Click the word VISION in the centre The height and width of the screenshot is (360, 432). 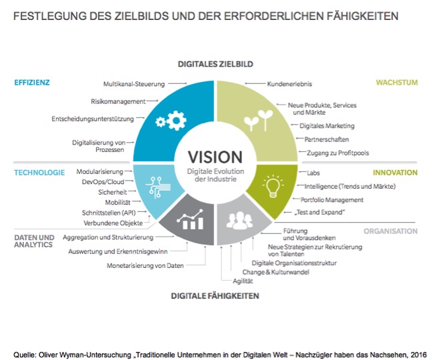(215, 157)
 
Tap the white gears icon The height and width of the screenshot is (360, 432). (171, 121)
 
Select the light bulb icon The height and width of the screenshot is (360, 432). (273, 186)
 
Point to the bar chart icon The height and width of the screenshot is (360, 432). (191, 219)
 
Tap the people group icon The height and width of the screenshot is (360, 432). (239, 221)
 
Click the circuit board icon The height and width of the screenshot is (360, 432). (158, 187)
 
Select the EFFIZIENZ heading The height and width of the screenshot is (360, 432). (32, 83)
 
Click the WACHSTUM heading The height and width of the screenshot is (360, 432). (397, 83)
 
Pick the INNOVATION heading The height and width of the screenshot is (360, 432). (395, 173)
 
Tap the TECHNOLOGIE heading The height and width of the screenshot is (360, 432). (39, 173)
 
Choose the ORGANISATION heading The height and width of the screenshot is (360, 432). (391, 231)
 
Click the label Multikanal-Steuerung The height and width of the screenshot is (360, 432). (134, 84)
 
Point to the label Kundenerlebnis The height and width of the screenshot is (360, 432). (289, 84)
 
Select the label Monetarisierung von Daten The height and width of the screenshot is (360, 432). (145, 266)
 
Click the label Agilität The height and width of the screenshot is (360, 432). (243, 281)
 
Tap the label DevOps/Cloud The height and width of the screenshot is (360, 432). (103, 182)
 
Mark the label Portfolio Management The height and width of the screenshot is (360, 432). (332, 200)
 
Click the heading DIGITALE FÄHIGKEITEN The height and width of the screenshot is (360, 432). (215, 296)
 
